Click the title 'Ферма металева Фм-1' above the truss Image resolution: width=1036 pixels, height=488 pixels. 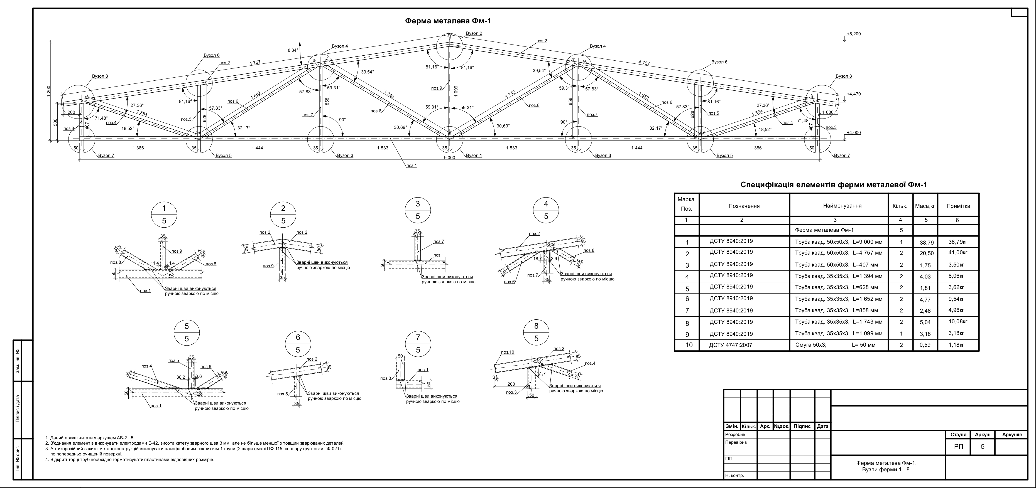coord(448,21)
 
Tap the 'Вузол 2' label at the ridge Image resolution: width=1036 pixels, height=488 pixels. coord(474,33)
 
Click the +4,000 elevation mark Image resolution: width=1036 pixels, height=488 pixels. coord(853,133)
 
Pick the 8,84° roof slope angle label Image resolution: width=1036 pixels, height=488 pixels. coord(293,50)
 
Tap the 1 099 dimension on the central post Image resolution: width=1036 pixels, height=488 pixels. coord(456,90)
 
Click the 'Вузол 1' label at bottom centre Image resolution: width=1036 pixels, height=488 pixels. coord(474,156)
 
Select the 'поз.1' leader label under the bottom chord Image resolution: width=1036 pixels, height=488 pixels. coord(412,165)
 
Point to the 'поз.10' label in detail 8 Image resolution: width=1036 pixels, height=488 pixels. coord(508,352)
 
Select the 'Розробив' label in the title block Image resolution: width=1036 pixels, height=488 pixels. coord(735,435)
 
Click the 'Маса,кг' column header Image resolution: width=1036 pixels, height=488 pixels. coord(925,206)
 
